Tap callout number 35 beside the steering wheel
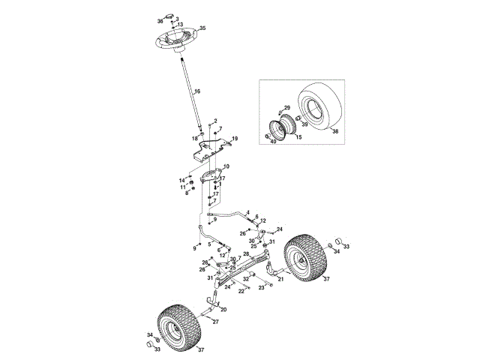tap(202, 28)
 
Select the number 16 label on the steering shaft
tap(197, 91)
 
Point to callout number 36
tap(160, 22)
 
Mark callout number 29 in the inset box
tap(286, 109)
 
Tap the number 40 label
tap(273, 141)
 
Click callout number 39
tap(304, 124)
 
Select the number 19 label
tap(235, 139)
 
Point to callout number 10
tap(226, 166)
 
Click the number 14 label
tap(181, 180)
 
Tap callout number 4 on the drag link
tap(247, 212)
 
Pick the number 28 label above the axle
tap(246, 253)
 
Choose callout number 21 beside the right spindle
tap(280, 279)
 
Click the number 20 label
tap(223, 309)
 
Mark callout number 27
tap(215, 322)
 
